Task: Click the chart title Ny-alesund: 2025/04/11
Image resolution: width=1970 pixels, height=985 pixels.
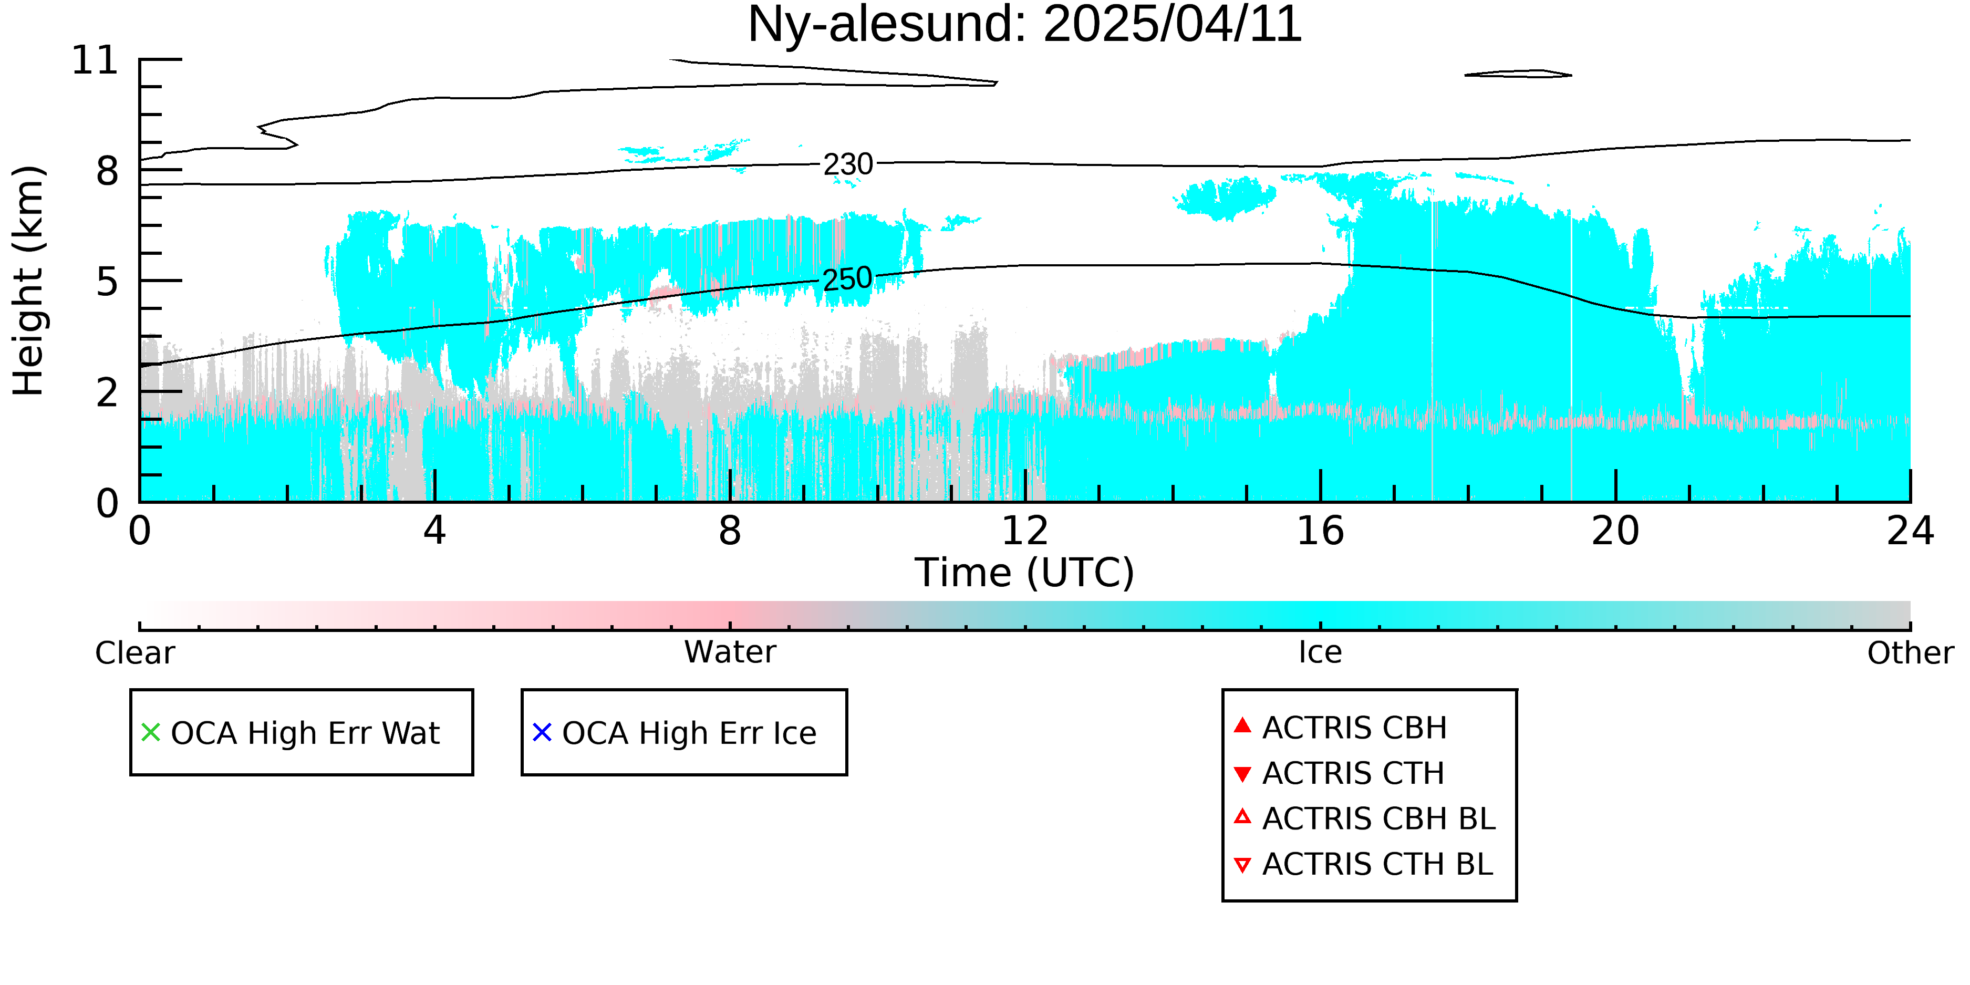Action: (x=1024, y=25)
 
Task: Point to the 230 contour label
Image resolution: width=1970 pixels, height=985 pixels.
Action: (x=848, y=164)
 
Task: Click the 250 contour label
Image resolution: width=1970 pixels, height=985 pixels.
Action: (x=847, y=279)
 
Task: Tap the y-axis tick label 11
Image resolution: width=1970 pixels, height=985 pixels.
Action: (x=95, y=60)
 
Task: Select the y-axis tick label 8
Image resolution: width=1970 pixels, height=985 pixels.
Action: (x=108, y=171)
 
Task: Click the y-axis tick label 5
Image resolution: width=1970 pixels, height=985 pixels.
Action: (x=108, y=282)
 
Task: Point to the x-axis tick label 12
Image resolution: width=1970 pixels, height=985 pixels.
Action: (x=1025, y=531)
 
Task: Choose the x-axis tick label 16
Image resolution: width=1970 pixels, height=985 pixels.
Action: (x=1320, y=531)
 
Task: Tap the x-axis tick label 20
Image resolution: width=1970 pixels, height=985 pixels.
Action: (x=1615, y=531)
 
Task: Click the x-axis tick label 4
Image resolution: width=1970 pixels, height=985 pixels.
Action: (x=434, y=531)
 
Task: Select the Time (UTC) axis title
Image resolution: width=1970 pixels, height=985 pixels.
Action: (x=1024, y=573)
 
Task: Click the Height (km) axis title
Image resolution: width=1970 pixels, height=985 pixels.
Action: (x=29, y=281)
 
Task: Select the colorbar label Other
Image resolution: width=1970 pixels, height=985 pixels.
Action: (x=1910, y=653)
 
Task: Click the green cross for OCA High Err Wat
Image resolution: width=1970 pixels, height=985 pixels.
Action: (x=151, y=733)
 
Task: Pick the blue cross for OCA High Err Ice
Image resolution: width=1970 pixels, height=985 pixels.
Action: (x=542, y=733)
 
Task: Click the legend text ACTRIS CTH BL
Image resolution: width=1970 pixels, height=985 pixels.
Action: (x=1377, y=864)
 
